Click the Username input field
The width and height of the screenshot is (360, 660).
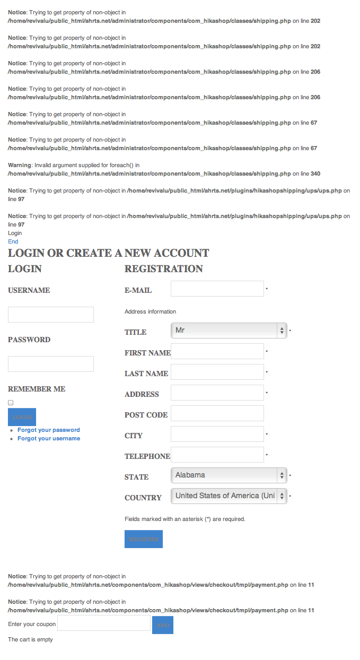tap(51, 315)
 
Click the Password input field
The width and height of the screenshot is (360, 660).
tap(51, 364)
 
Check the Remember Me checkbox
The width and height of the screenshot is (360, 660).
tap(11, 403)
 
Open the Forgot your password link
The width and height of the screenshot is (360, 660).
tap(49, 430)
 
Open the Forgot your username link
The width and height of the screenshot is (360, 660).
tap(49, 439)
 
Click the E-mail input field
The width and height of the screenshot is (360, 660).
tap(217, 289)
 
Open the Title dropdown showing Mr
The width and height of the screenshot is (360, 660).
tap(229, 331)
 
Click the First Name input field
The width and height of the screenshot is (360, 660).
tap(217, 351)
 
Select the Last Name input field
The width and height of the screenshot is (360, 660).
tap(217, 372)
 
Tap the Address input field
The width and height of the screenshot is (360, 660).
tap(217, 393)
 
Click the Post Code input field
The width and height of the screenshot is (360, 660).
tap(217, 413)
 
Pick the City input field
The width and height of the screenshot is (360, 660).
tap(217, 434)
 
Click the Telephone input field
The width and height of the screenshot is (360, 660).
tap(217, 455)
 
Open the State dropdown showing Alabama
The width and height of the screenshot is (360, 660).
tap(229, 475)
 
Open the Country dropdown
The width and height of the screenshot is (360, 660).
tap(229, 496)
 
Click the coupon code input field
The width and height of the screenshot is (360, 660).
tap(104, 623)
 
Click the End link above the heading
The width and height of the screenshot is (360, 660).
tap(13, 242)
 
